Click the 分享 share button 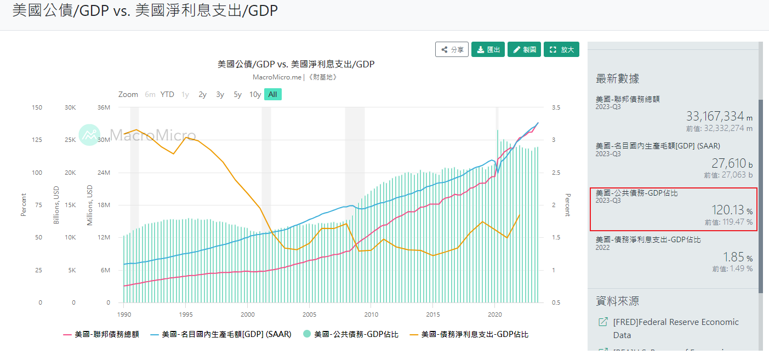(x=452, y=49)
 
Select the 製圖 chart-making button (x=524, y=49)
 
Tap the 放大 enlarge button (x=561, y=49)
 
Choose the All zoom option (x=272, y=94)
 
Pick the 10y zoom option (x=255, y=94)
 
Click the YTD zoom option (x=167, y=94)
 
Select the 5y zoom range (x=237, y=94)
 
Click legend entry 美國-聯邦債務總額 (x=106, y=334)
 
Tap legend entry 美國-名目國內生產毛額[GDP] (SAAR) (x=226, y=334)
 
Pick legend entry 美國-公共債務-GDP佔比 (x=356, y=334)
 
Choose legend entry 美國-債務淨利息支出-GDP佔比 (x=474, y=334)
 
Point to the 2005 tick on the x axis (x=310, y=315)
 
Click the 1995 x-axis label (x=186, y=315)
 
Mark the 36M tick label (x=104, y=107)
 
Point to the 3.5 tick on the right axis (x=556, y=107)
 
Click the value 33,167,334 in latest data (x=715, y=116)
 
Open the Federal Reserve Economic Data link (x=676, y=328)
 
